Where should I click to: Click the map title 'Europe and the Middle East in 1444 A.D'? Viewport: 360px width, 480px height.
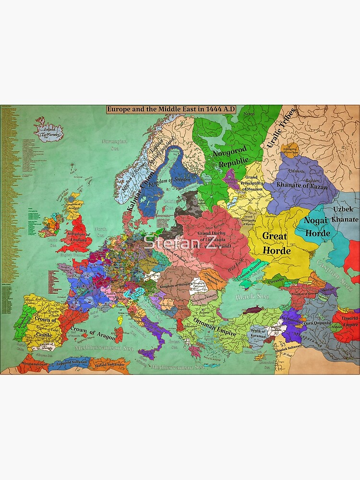171,109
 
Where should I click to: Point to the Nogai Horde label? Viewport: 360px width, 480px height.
317,227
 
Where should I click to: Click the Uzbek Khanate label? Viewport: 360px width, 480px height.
341,214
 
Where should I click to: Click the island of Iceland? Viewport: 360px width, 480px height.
49,129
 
